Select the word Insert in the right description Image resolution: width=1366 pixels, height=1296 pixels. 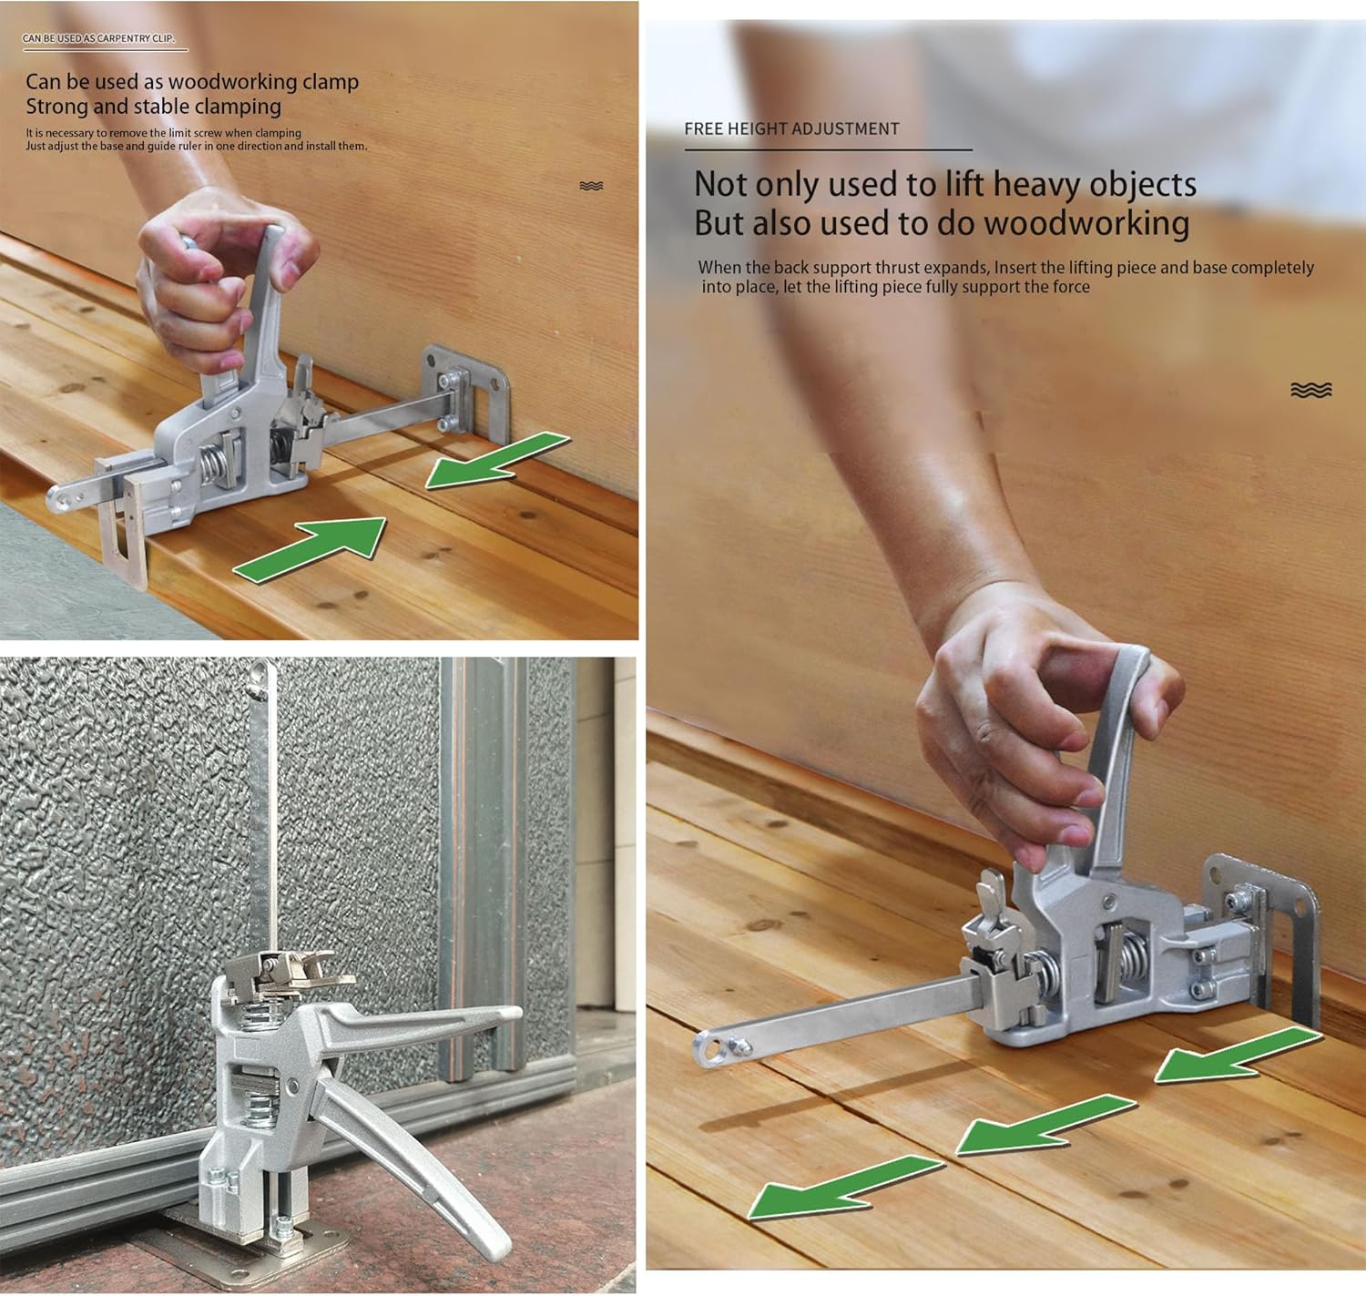coord(1016,268)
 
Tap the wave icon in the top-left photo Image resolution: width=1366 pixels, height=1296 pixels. coord(591,186)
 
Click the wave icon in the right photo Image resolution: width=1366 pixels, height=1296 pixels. coord(1311,390)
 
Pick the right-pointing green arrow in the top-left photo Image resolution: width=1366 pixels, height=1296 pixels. coord(310,549)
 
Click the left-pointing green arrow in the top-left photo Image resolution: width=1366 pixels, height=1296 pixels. coord(497,460)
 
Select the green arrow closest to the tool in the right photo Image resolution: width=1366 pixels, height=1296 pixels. coord(1238,1056)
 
